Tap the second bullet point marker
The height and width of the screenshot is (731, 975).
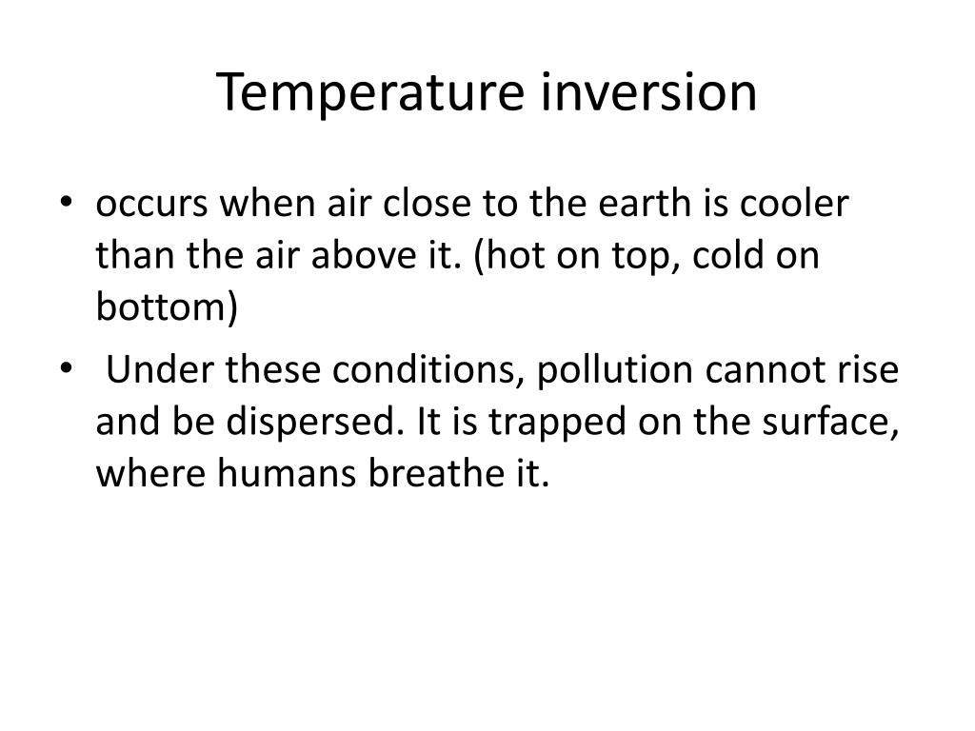pyautogui.click(x=77, y=368)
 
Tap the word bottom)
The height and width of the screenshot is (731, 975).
pyautogui.click(x=167, y=309)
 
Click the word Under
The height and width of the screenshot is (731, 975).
pyautogui.click(x=160, y=368)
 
